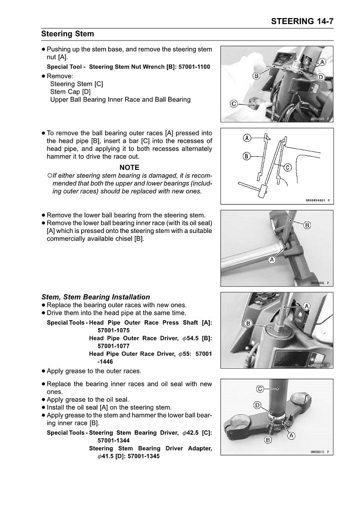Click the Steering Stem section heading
coord(67,34)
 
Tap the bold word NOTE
coord(129,167)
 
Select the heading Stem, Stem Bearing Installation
coord(95,297)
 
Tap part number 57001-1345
coord(144,456)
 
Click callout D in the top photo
coord(321,77)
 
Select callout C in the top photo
coord(233,104)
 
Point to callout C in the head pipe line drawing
coord(288,168)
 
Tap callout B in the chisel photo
coord(307,225)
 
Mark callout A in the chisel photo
coord(272,260)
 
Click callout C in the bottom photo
coord(260,389)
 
